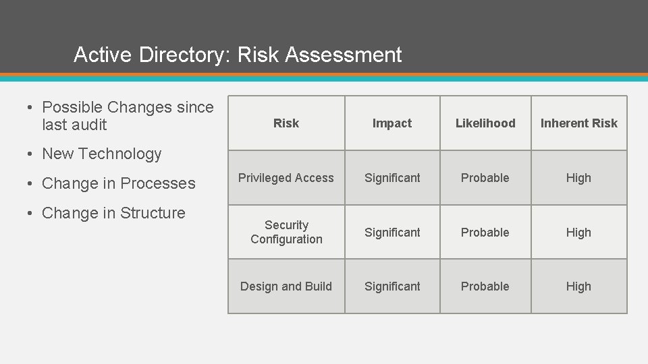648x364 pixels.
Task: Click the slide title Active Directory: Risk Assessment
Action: point(238,55)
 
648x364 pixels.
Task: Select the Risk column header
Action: point(286,123)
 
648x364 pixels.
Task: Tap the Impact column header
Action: point(392,123)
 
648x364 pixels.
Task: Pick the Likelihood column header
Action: point(485,123)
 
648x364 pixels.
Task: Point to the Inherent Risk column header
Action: point(579,123)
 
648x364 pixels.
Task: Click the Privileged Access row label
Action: point(286,178)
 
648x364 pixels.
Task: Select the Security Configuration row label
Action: point(286,232)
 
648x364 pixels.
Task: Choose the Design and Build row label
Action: point(286,286)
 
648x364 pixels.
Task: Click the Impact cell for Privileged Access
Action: point(392,178)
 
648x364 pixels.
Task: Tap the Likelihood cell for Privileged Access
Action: point(485,178)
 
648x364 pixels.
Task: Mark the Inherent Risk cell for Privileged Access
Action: point(578,178)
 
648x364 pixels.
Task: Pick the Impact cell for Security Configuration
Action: point(392,233)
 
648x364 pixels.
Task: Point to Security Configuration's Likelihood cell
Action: point(485,233)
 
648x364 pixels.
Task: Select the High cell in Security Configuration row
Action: point(578,233)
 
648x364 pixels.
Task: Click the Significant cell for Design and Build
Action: point(392,286)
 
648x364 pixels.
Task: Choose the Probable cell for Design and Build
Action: point(485,286)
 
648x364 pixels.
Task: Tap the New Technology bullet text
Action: point(102,154)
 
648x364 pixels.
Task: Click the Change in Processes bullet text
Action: point(119,183)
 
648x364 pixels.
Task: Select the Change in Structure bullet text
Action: point(113,213)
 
